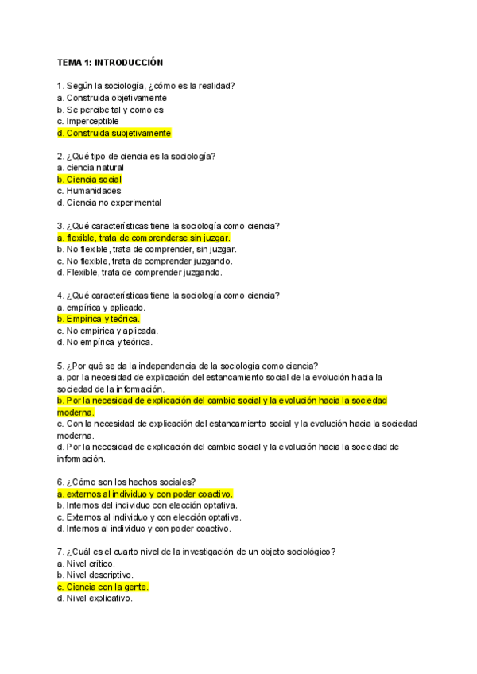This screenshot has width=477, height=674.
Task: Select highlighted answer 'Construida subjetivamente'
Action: tap(114, 133)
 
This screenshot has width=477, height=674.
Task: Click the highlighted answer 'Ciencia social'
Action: tap(89, 180)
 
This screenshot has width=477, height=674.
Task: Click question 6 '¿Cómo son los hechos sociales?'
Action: tap(126, 481)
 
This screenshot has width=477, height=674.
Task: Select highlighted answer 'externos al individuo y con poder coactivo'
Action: tap(145, 493)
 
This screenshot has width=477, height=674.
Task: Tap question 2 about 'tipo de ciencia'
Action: tap(136, 156)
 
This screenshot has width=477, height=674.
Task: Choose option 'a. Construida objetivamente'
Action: tap(112, 98)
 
